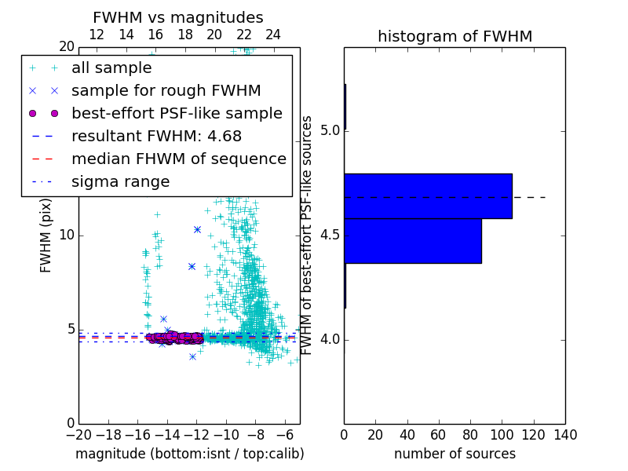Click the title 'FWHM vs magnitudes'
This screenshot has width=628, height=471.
click(x=177, y=17)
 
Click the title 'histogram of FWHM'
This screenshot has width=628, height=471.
click(x=455, y=36)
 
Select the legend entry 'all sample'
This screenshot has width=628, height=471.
click(x=111, y=68)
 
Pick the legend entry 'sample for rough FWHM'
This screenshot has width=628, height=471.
click(x=166, y=91)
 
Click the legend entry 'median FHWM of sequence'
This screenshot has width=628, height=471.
click(x=178, y=159)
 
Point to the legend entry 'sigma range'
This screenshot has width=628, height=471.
click(x=120, y=182)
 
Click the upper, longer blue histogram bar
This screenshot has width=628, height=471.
click(x=428, y=195)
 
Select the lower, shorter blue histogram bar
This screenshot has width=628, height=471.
click(x=412, y=241)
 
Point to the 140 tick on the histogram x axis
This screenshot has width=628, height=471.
click(x=565, y=434)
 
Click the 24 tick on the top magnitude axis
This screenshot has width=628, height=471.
click(x=273, y=35)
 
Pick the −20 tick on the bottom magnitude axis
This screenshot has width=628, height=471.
click(x=78, y=434)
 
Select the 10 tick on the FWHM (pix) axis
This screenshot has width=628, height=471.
click(x=68, y=235)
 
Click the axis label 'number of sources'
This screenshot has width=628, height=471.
click(x=455, y=454)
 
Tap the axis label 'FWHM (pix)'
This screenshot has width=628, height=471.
click(x=46, y=235)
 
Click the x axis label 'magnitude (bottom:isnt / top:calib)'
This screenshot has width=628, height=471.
click(x=189, y=454)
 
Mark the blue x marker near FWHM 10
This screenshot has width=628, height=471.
click(x=197, y=229)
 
